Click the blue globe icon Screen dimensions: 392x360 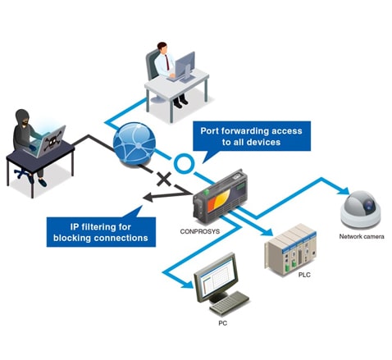coord(134,144)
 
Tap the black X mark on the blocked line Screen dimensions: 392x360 coord(164,180)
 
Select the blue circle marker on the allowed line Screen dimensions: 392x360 coord(185,163)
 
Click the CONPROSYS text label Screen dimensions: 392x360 coord(200,231)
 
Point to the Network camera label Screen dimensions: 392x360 coord(362,236)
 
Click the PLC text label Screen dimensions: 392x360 coord(304,275)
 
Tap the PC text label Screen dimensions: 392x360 coord(223,323)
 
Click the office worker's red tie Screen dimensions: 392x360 coord(167,62)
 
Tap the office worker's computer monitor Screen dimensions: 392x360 coord(185,65)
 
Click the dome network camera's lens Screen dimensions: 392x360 coord(369,204)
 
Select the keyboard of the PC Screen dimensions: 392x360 coord(230,303)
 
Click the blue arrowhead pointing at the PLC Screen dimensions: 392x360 coord(268,232)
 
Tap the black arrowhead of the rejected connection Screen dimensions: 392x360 coord(148,198)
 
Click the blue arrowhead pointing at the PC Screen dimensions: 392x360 coord(188,284)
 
